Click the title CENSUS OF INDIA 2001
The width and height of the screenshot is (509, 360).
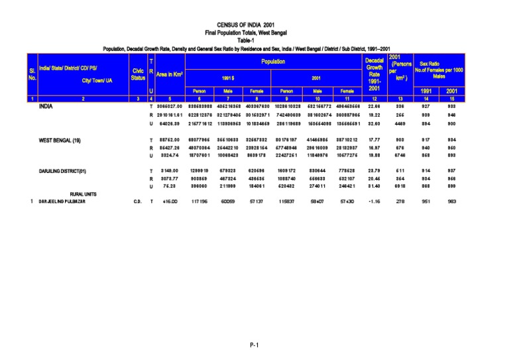(254, 25)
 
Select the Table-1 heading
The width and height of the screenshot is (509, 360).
(254, 40)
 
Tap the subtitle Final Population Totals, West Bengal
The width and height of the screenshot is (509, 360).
(254, 32)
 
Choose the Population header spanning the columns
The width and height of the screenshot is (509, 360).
(272, 62)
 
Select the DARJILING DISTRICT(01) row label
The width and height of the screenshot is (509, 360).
(63, 171)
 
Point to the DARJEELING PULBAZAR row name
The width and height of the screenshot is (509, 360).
(62, 202)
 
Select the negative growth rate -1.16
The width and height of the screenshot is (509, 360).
(374, 202)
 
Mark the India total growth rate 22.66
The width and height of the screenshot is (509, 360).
(374, 106)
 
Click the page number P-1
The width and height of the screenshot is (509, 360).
(254, 345)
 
